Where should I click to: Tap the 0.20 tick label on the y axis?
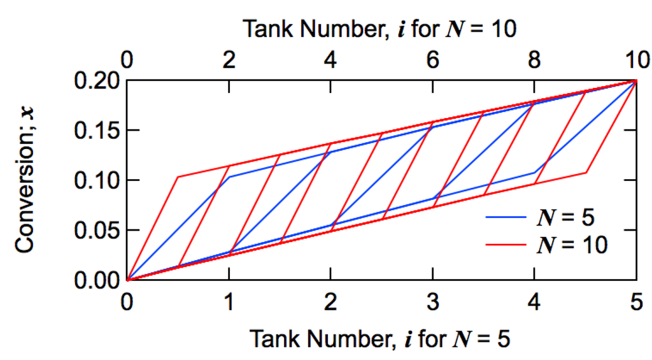point(98,81)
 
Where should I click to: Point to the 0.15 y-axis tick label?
point(98,131)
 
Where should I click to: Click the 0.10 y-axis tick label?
point(98,180)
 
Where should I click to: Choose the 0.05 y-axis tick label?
point(98,230)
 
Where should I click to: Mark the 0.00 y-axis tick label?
point(98,280)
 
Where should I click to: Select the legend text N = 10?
point(570,245)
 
